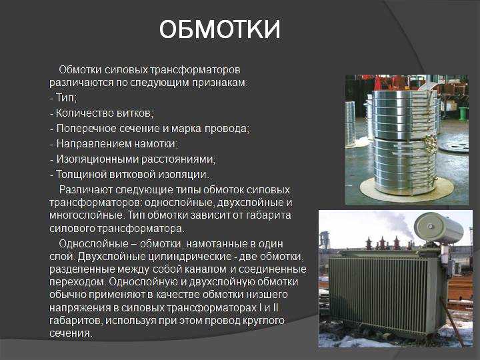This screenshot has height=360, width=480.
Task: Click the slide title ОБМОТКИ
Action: click(219, 29)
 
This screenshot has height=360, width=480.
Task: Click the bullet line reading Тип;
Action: click(63, 98)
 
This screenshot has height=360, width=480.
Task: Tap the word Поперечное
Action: click(83, 129)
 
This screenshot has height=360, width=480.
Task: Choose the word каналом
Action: click(205, 269)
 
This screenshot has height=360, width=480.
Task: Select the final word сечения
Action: click(71, 333)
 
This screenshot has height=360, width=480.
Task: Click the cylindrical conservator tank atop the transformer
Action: click(439, 229)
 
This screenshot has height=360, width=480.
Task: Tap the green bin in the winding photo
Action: click(463, 113)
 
